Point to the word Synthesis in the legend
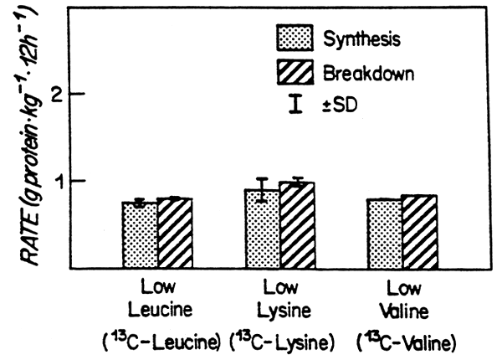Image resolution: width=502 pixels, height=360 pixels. coord(360,39)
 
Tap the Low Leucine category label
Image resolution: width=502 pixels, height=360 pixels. coord(157,299)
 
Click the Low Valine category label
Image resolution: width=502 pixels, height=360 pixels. coord(403,299)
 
